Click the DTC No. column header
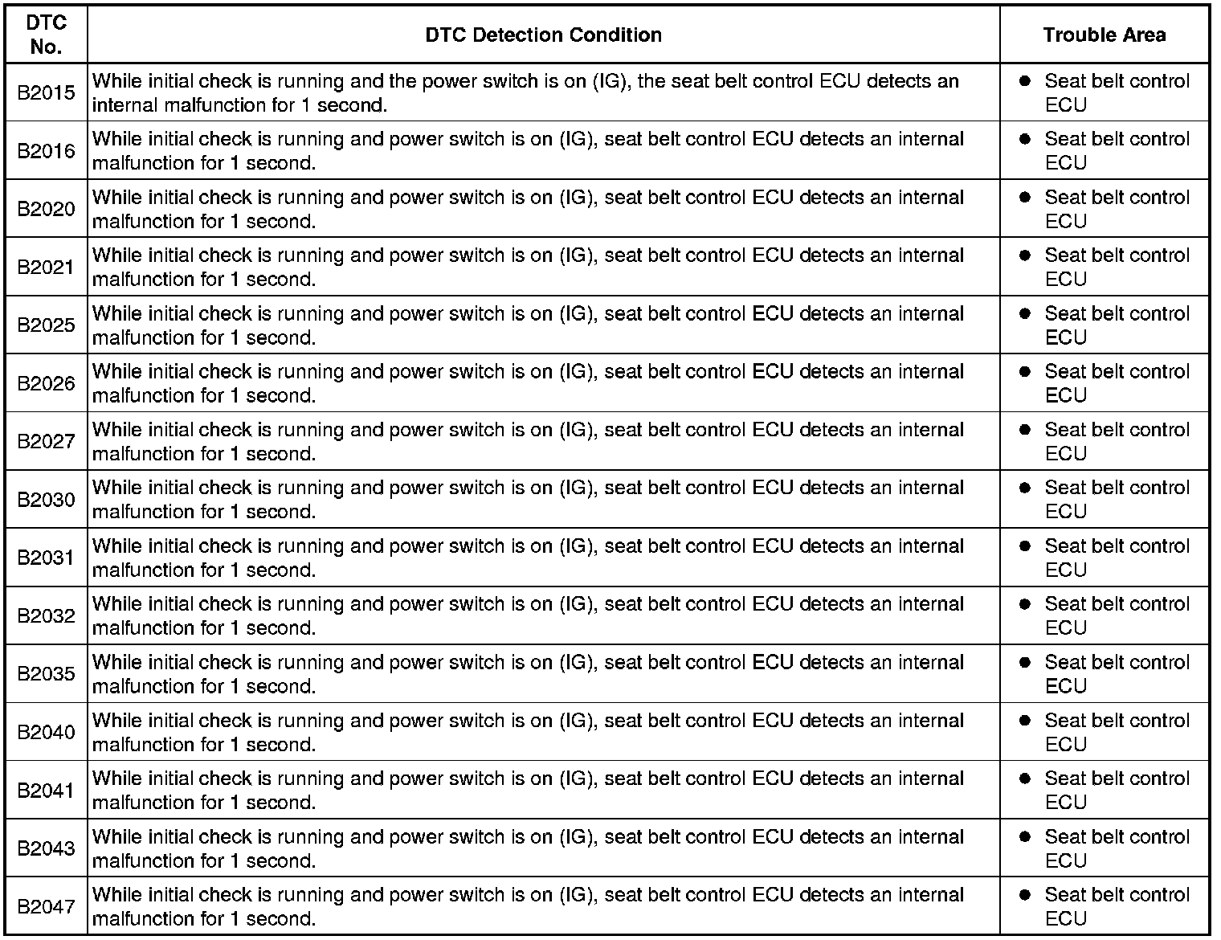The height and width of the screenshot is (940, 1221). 46,35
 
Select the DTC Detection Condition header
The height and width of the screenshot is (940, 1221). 543,35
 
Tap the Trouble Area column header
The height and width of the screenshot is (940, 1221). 1105,35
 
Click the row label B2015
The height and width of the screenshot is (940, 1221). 46,92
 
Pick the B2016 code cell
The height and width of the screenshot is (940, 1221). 46,151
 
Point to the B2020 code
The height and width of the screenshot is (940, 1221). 46,209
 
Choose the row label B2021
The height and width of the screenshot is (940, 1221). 46,268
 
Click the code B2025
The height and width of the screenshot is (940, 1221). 46,325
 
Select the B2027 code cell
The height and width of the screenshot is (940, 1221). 46,441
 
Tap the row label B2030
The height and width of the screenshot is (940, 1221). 46,500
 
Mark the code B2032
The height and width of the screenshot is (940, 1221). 46,615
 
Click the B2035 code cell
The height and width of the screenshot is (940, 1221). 46,674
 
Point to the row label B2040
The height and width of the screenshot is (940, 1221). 46,732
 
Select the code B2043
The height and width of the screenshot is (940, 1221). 46,848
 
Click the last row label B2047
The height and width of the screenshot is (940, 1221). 46,906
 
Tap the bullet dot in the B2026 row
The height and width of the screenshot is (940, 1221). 1024,371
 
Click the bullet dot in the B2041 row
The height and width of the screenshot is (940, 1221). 1024,778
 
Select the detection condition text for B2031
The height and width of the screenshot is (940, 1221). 528,558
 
